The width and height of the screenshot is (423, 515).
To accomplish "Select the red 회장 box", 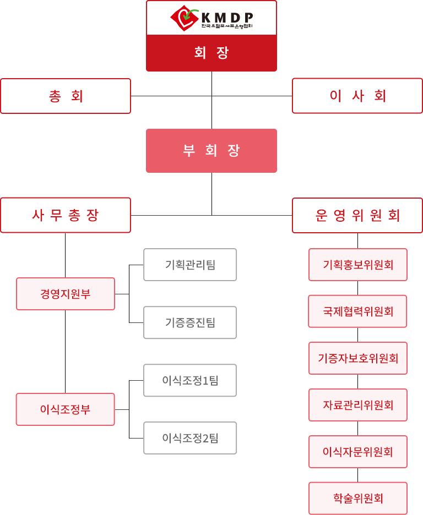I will (211, 53).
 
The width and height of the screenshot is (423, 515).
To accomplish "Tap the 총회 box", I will (66, 96).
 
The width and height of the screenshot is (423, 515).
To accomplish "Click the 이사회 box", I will (357, 96).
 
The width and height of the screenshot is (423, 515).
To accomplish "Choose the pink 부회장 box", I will (211, 151).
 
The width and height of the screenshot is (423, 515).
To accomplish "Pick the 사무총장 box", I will (66, 215).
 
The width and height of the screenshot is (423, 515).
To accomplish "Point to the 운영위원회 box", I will (357, 215).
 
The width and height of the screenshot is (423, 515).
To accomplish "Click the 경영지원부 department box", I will (66, 294).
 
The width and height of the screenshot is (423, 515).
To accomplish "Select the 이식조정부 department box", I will (66, 409).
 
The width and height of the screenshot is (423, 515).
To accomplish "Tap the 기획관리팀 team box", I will (190, 265).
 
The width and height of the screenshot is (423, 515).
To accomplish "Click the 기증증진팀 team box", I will (190, 322).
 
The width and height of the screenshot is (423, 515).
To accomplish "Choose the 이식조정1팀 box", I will (190, 380).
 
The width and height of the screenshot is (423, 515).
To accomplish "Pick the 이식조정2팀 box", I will (190, 438).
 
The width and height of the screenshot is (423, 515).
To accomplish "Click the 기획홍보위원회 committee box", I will (358, 265).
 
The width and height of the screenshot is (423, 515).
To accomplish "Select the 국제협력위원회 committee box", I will (358, 311).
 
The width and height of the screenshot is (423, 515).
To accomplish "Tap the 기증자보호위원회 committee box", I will (358, 358).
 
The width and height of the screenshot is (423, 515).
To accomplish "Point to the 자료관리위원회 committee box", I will (358, 405).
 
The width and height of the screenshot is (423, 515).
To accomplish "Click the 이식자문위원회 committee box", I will (358, 452).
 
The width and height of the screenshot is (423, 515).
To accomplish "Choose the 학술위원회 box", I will (358, 498).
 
